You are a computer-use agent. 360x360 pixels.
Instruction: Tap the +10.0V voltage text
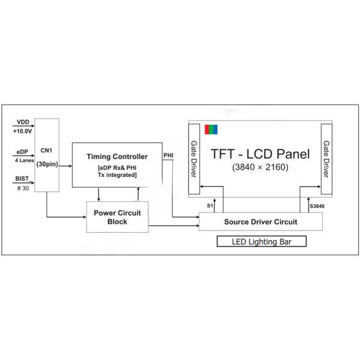click(23, 130)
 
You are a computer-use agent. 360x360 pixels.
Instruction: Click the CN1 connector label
click(46, 150)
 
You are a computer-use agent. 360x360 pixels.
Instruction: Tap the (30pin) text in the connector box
click(46, 163)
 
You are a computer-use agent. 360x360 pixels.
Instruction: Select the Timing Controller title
click(117, 157)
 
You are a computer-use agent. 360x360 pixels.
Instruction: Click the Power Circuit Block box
click(118, 217)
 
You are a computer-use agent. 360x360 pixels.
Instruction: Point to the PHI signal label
click(169, 155)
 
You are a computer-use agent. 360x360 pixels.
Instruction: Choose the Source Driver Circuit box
click(260, 221)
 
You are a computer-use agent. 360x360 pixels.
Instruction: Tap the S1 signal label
click(210, 206)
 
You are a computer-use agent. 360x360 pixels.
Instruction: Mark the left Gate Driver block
click(194, 159)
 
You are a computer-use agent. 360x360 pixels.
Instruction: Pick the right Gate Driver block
click(326, 159)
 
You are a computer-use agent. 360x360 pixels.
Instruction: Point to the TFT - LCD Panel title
click(260, 154)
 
